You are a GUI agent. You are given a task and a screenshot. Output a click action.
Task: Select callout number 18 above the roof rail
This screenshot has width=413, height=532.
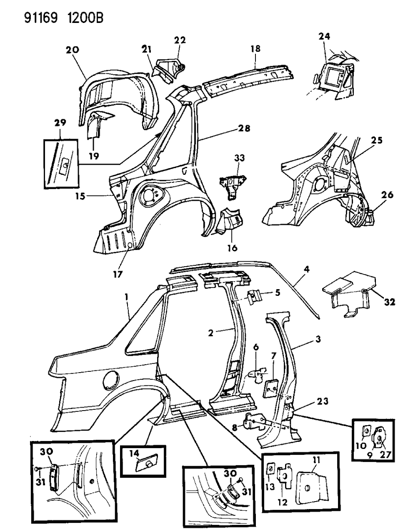255,49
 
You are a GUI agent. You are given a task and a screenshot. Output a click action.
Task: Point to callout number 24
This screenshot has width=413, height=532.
324,37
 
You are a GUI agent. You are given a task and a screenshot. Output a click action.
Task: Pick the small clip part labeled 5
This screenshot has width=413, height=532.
253,297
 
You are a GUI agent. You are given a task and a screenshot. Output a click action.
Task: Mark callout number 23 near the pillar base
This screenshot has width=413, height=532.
322,401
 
